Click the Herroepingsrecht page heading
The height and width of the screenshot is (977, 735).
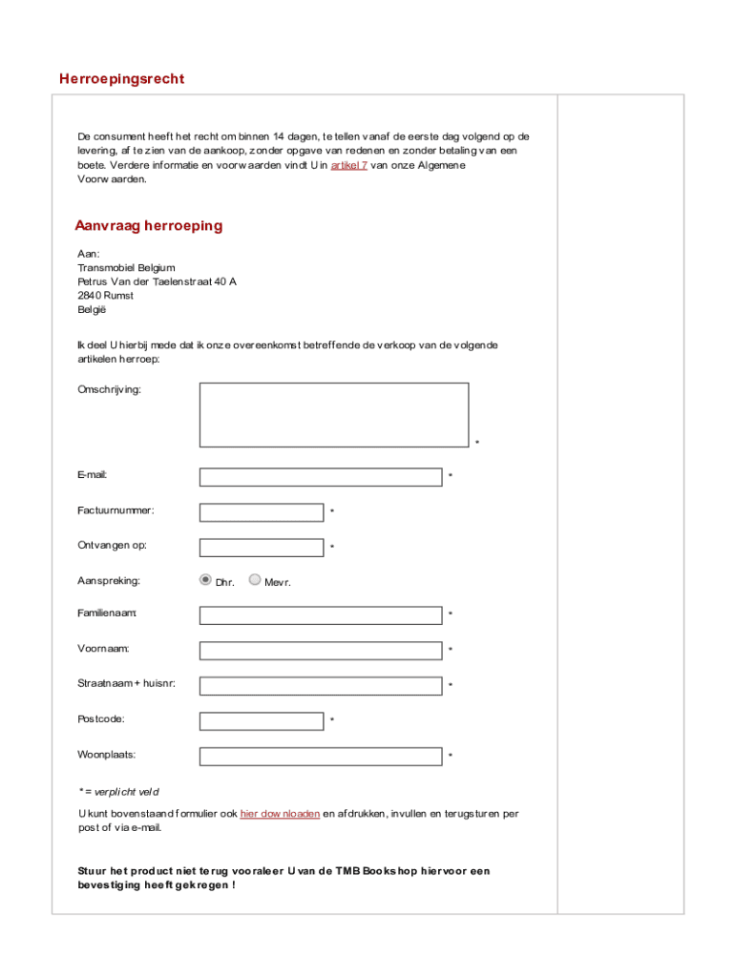pyautogui.click(x=121, y=79)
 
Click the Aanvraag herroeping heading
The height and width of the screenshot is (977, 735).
pyautogui.click(x=149, y=226)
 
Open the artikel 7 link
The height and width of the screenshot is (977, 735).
pyautogui.click(x=348, y=165)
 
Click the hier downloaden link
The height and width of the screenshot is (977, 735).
pyautogui.click(x=280, y=814)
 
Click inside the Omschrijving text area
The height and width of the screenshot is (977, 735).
pyautogui.click(x=333, y=415)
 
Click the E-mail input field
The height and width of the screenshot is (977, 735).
pyautogui.click(x=320, y=477)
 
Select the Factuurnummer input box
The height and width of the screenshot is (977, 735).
pyautogui.click(x=261, y=512)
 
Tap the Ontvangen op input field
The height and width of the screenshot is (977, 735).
pyautogui.click(x=261, y=548)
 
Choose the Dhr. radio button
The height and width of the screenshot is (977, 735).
pyautogui.click(x=205, y=579)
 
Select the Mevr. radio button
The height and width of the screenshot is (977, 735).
pyautogui.click(x=254, y=579)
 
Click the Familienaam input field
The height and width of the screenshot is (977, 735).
pyautogui.click(x=320, y=615)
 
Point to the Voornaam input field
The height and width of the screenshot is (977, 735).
pyautogui.click(x=320, y=651)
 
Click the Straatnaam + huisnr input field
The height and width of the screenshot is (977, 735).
pyautogui.click(x=320, y=686)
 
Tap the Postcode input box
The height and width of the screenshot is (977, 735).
pyautogui.click(x=261, y=721)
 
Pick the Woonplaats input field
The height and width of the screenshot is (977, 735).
pyautogui.click(x=320, y=757)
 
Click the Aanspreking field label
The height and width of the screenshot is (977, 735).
pyautogui.click(x=109, y=580)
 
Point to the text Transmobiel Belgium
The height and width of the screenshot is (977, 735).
pyautogui.click(x=126, y=268)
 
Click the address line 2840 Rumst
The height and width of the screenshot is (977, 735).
pyautogui.click(x=105, y=296)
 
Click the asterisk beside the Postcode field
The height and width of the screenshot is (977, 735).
pyautogui.click(x=332, y=720)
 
